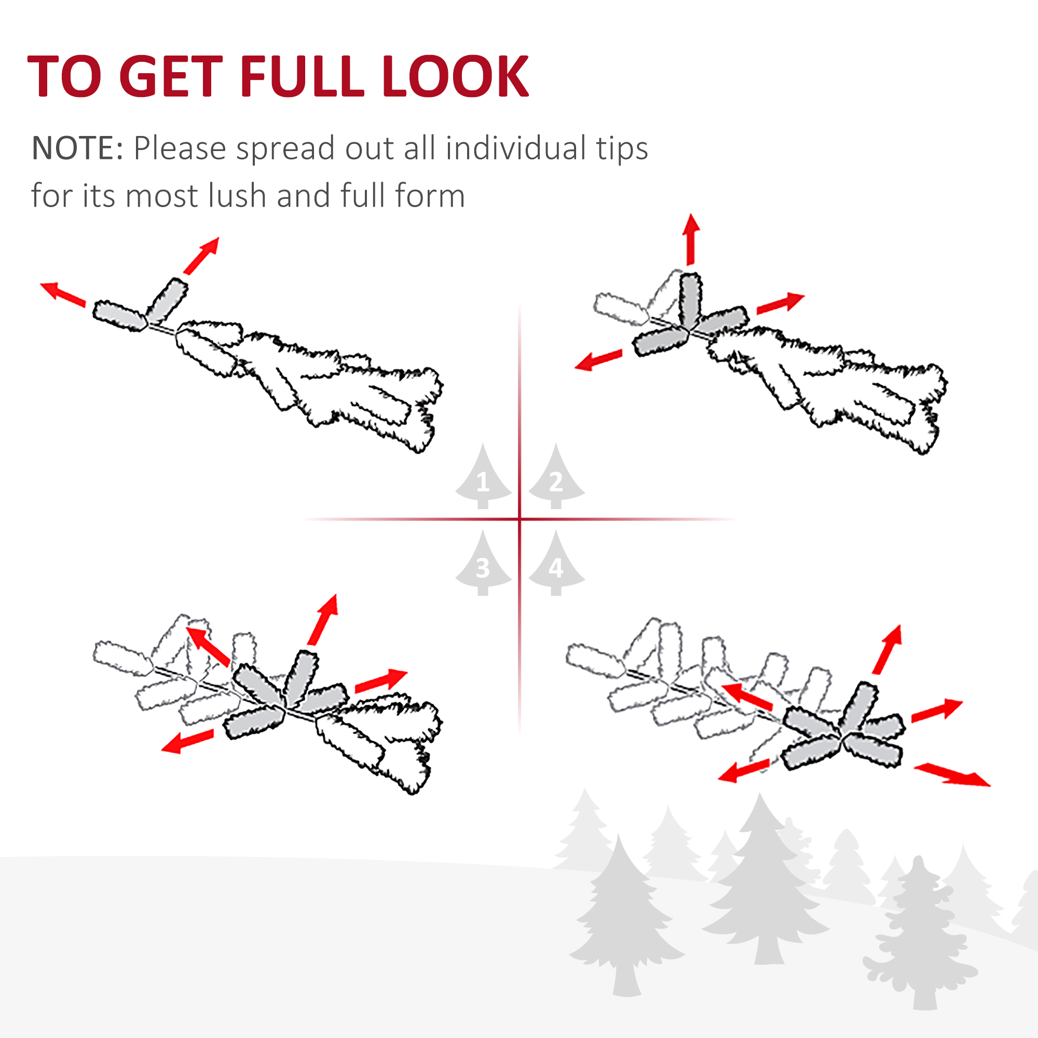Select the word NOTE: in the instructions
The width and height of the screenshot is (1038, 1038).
(x=78, y=148)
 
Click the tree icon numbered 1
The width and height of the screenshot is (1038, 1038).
(x=483, y=476)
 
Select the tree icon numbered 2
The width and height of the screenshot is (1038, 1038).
(x=556, y=476)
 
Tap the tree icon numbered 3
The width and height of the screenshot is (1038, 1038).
(x=483, y=563)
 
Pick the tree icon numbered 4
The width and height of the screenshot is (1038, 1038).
(x=556, y=563)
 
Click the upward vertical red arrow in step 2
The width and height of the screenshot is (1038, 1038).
(x=691, y=239)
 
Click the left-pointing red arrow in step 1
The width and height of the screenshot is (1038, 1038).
(x=63, y=294)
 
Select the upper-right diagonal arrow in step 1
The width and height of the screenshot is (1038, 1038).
(x=201, y=255)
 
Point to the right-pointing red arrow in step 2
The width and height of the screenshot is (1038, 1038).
(x=781, y=303)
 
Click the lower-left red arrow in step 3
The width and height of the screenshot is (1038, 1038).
(x=187, y=742)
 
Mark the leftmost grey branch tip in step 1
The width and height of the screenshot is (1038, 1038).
(x=120, y=316)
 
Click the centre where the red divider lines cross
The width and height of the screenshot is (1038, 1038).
(x=519, y=519)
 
